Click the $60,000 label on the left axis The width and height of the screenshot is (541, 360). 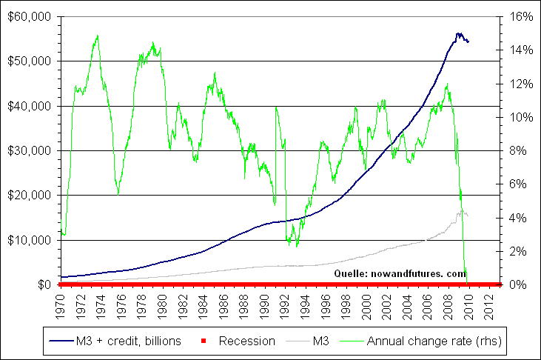click(x=29, y=16)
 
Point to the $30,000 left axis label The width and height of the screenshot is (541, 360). click(x=29, y=150)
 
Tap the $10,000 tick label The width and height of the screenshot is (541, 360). click(x=29, y=240)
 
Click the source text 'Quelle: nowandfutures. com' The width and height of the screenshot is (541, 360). click(x=400, y=273)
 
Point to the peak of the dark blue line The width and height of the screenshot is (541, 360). click(x=458, y=33)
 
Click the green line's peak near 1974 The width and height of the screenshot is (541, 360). click(x=97, y=35)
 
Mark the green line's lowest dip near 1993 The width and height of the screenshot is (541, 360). click(x=297, y=246)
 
